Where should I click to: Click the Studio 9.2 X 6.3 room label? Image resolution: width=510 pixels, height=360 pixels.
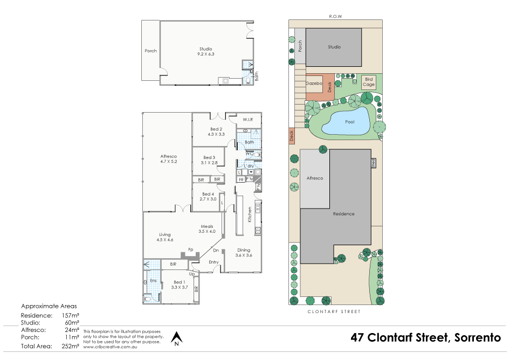click(206, 52)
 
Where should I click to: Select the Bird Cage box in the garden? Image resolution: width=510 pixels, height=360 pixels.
click(369, 82)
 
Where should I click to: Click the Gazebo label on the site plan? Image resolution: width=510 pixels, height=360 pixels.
click(313, 84)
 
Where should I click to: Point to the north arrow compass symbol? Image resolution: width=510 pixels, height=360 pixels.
click(176, 338)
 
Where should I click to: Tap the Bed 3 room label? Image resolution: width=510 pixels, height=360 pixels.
click(210, 160)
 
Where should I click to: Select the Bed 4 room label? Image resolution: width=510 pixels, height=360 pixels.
click(209, 196)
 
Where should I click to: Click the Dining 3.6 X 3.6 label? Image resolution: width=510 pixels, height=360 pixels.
click(244, 253)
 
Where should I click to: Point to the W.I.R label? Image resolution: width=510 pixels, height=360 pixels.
click(248, 119)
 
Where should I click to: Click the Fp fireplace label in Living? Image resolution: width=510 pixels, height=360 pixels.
click(190, 250)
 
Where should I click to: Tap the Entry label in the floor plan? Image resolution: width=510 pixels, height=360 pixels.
click(214, 262)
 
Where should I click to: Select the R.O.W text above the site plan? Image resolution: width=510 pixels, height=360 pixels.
click(335, 16)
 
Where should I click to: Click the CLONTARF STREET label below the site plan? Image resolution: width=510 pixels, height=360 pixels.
click(334, 311)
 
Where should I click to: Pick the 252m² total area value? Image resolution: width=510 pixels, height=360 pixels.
click(71, 346)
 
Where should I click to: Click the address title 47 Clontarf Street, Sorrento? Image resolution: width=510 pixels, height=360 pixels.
click(426, 338)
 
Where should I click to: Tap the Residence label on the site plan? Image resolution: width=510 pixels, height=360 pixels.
click(343, 214)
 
